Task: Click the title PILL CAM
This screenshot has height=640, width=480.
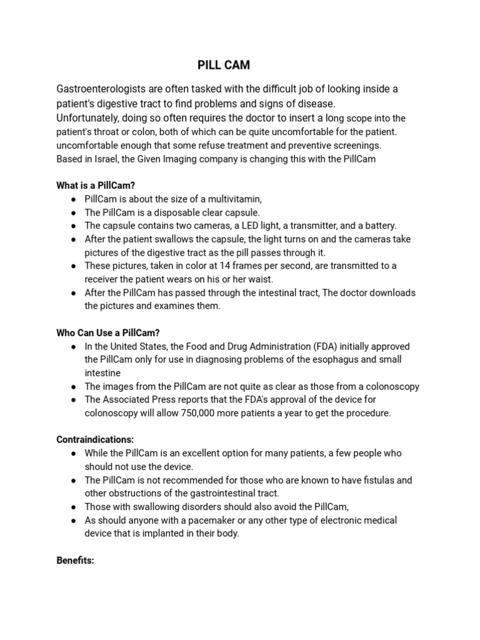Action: (x=224, y=65)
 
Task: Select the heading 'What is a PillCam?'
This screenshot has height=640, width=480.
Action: (x=96, y=186)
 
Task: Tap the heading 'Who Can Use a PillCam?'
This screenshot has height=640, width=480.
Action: (x=112, y=332)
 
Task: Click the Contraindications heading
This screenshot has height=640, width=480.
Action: (x=95, y=439)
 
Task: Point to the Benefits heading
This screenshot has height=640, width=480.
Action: (x=75, y=560)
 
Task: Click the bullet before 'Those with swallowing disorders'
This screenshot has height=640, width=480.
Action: (x=74, y=507)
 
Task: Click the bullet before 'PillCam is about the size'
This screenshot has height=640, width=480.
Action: (x=74, y=199)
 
